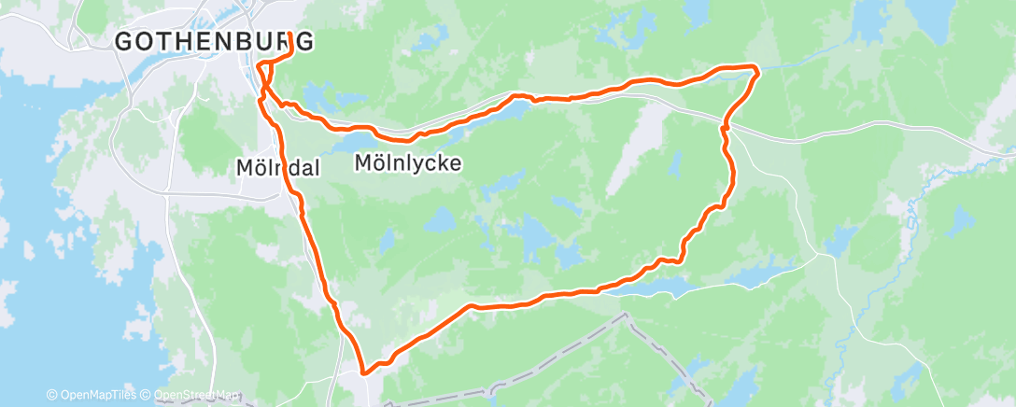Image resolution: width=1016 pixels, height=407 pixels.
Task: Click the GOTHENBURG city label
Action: pos(213,41)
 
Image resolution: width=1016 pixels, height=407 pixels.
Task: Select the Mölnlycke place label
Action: pos(408,163)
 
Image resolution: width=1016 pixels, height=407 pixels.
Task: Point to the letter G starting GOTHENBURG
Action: pos(123,41)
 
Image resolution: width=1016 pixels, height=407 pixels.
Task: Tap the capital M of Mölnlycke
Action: pos(364,163)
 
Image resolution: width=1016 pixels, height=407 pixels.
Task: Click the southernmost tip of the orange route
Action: pos(365,372)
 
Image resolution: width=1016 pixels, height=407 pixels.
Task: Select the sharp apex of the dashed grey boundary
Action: pos(624,316)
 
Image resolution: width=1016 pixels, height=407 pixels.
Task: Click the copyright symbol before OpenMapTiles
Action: pos(52,395)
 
